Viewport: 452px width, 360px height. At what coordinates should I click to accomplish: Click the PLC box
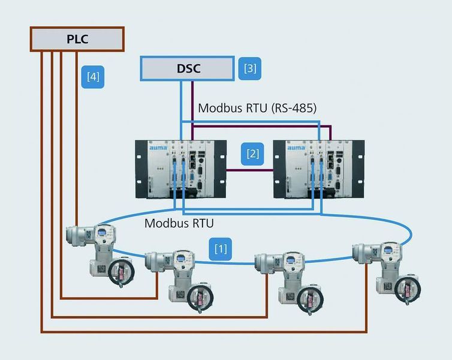click(x=77, y=39)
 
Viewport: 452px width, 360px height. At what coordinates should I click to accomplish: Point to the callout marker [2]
click(x=253, y=153)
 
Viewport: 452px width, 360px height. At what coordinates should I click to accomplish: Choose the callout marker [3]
click(x=250, y=68)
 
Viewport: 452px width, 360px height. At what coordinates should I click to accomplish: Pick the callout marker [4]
click(x=93, y=76)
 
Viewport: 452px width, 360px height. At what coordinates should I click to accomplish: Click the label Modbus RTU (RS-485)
click(x=257, y=108)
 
